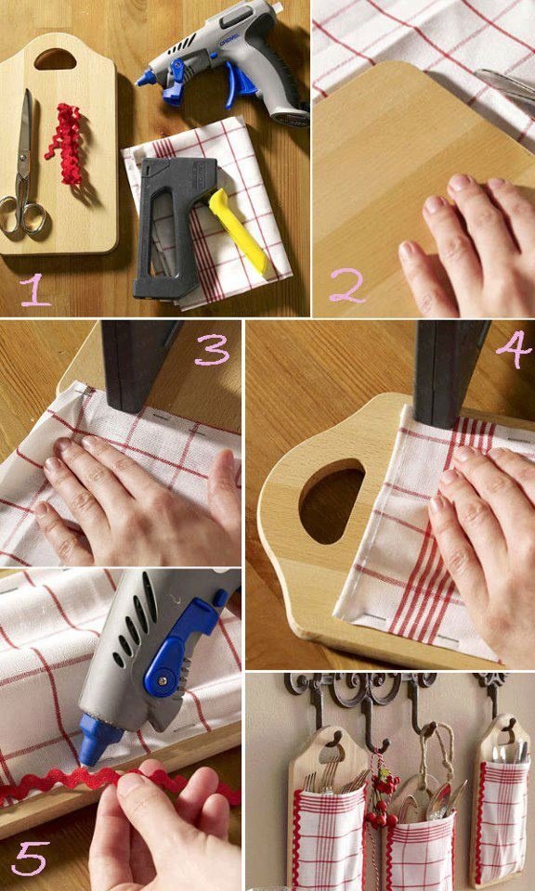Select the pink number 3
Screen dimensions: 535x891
pyautogui.click(x=212, y=350)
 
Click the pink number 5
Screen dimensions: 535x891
pyautogui.click(x=30, y=858)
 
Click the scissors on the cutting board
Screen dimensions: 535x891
pyautogui.click(x=22, y=171)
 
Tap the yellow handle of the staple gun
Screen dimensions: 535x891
pyautogui.click(x=237, y=229)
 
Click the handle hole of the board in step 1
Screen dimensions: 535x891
pyautogui.click(x=55, y=58)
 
